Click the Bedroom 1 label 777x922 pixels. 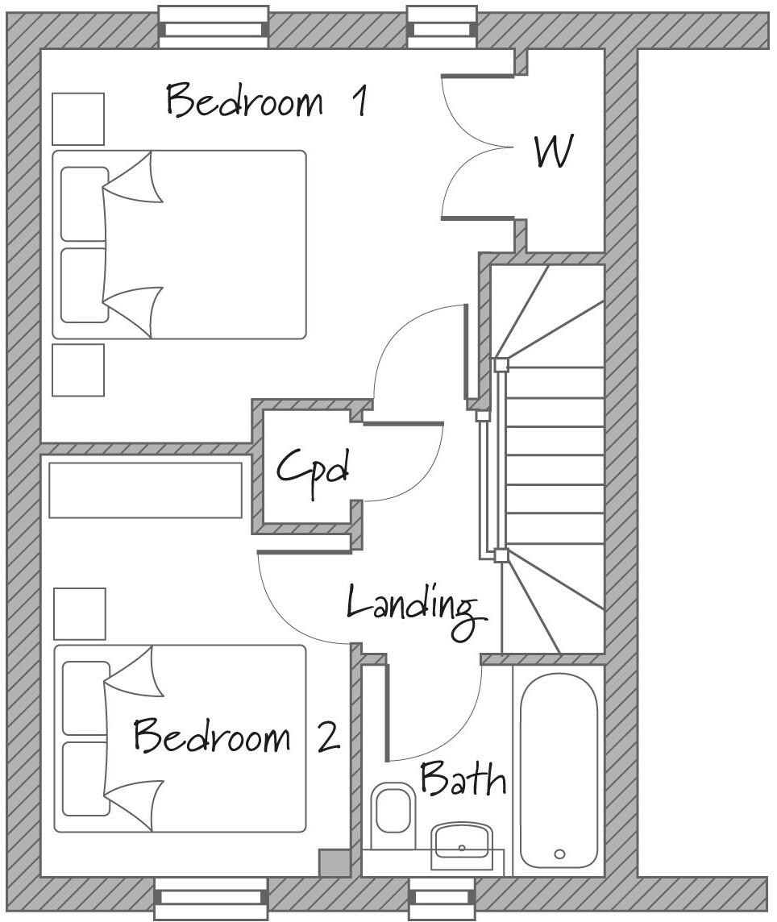point(267,102)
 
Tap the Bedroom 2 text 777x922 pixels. point(236,737)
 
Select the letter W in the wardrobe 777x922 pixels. point(555,152)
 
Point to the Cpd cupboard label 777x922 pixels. point(313,467)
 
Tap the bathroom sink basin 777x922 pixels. point(461,842)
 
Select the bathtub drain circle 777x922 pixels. point(559,854)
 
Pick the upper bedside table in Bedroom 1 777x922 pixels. point(78,119)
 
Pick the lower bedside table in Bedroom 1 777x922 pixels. point(78,370)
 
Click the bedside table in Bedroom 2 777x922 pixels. point(79,614)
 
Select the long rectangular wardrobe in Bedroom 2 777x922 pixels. point(145,490)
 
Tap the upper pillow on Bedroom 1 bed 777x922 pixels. point(84,204)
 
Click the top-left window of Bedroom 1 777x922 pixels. point(213,24)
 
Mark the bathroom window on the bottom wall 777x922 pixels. point(441,898)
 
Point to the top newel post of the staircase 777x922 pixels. point(501,364)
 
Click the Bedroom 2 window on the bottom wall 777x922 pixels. point(211,898)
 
